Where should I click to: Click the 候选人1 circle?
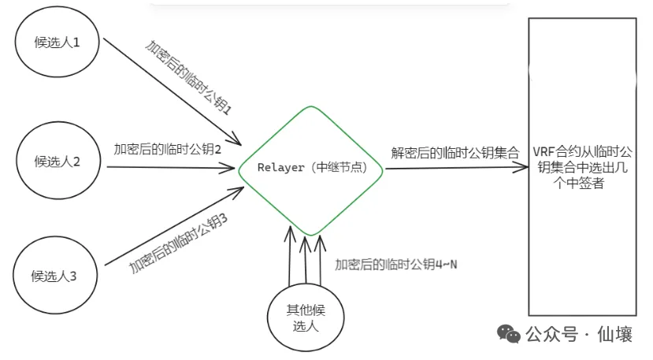(55, 43)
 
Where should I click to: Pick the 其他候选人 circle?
(306, 314)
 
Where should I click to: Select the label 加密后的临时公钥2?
(166, 148)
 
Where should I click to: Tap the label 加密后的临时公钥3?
(179, 244)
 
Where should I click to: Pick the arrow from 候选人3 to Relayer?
(169, 228)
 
